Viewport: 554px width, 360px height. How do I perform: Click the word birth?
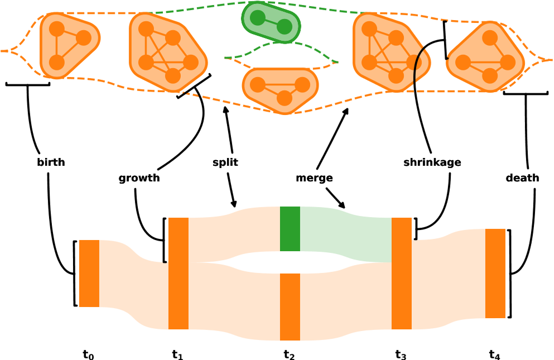click(x=51, y=162)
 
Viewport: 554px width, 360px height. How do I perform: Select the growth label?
click(x=139, y=178)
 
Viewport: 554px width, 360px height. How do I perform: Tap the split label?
click(x=225, y=162)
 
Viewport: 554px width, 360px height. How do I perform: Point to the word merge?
click(x=314, y=178)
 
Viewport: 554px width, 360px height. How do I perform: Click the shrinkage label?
click(x=432, y=162)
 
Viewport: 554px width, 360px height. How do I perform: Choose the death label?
click(x=522, y=178)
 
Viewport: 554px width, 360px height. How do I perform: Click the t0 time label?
click(x=88, y=354)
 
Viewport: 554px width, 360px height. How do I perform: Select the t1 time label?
click(x=177, y=354)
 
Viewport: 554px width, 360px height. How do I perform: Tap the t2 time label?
click(x=289, y=354)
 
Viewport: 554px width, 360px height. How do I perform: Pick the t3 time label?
click(x=401, y=354)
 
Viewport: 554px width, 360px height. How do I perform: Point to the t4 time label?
click(x=494, y=354)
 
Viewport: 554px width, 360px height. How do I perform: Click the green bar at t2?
click(x=290, y=229)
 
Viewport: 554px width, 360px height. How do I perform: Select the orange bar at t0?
click(x=89, y=273)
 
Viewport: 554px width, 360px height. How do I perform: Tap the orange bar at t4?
click(x=495, y=273)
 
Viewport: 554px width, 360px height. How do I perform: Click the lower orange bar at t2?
click(x=290, y=307)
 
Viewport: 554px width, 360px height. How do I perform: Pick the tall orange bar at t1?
click(x=179, y=273)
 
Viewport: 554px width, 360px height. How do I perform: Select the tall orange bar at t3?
click(x=402, y=273)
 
